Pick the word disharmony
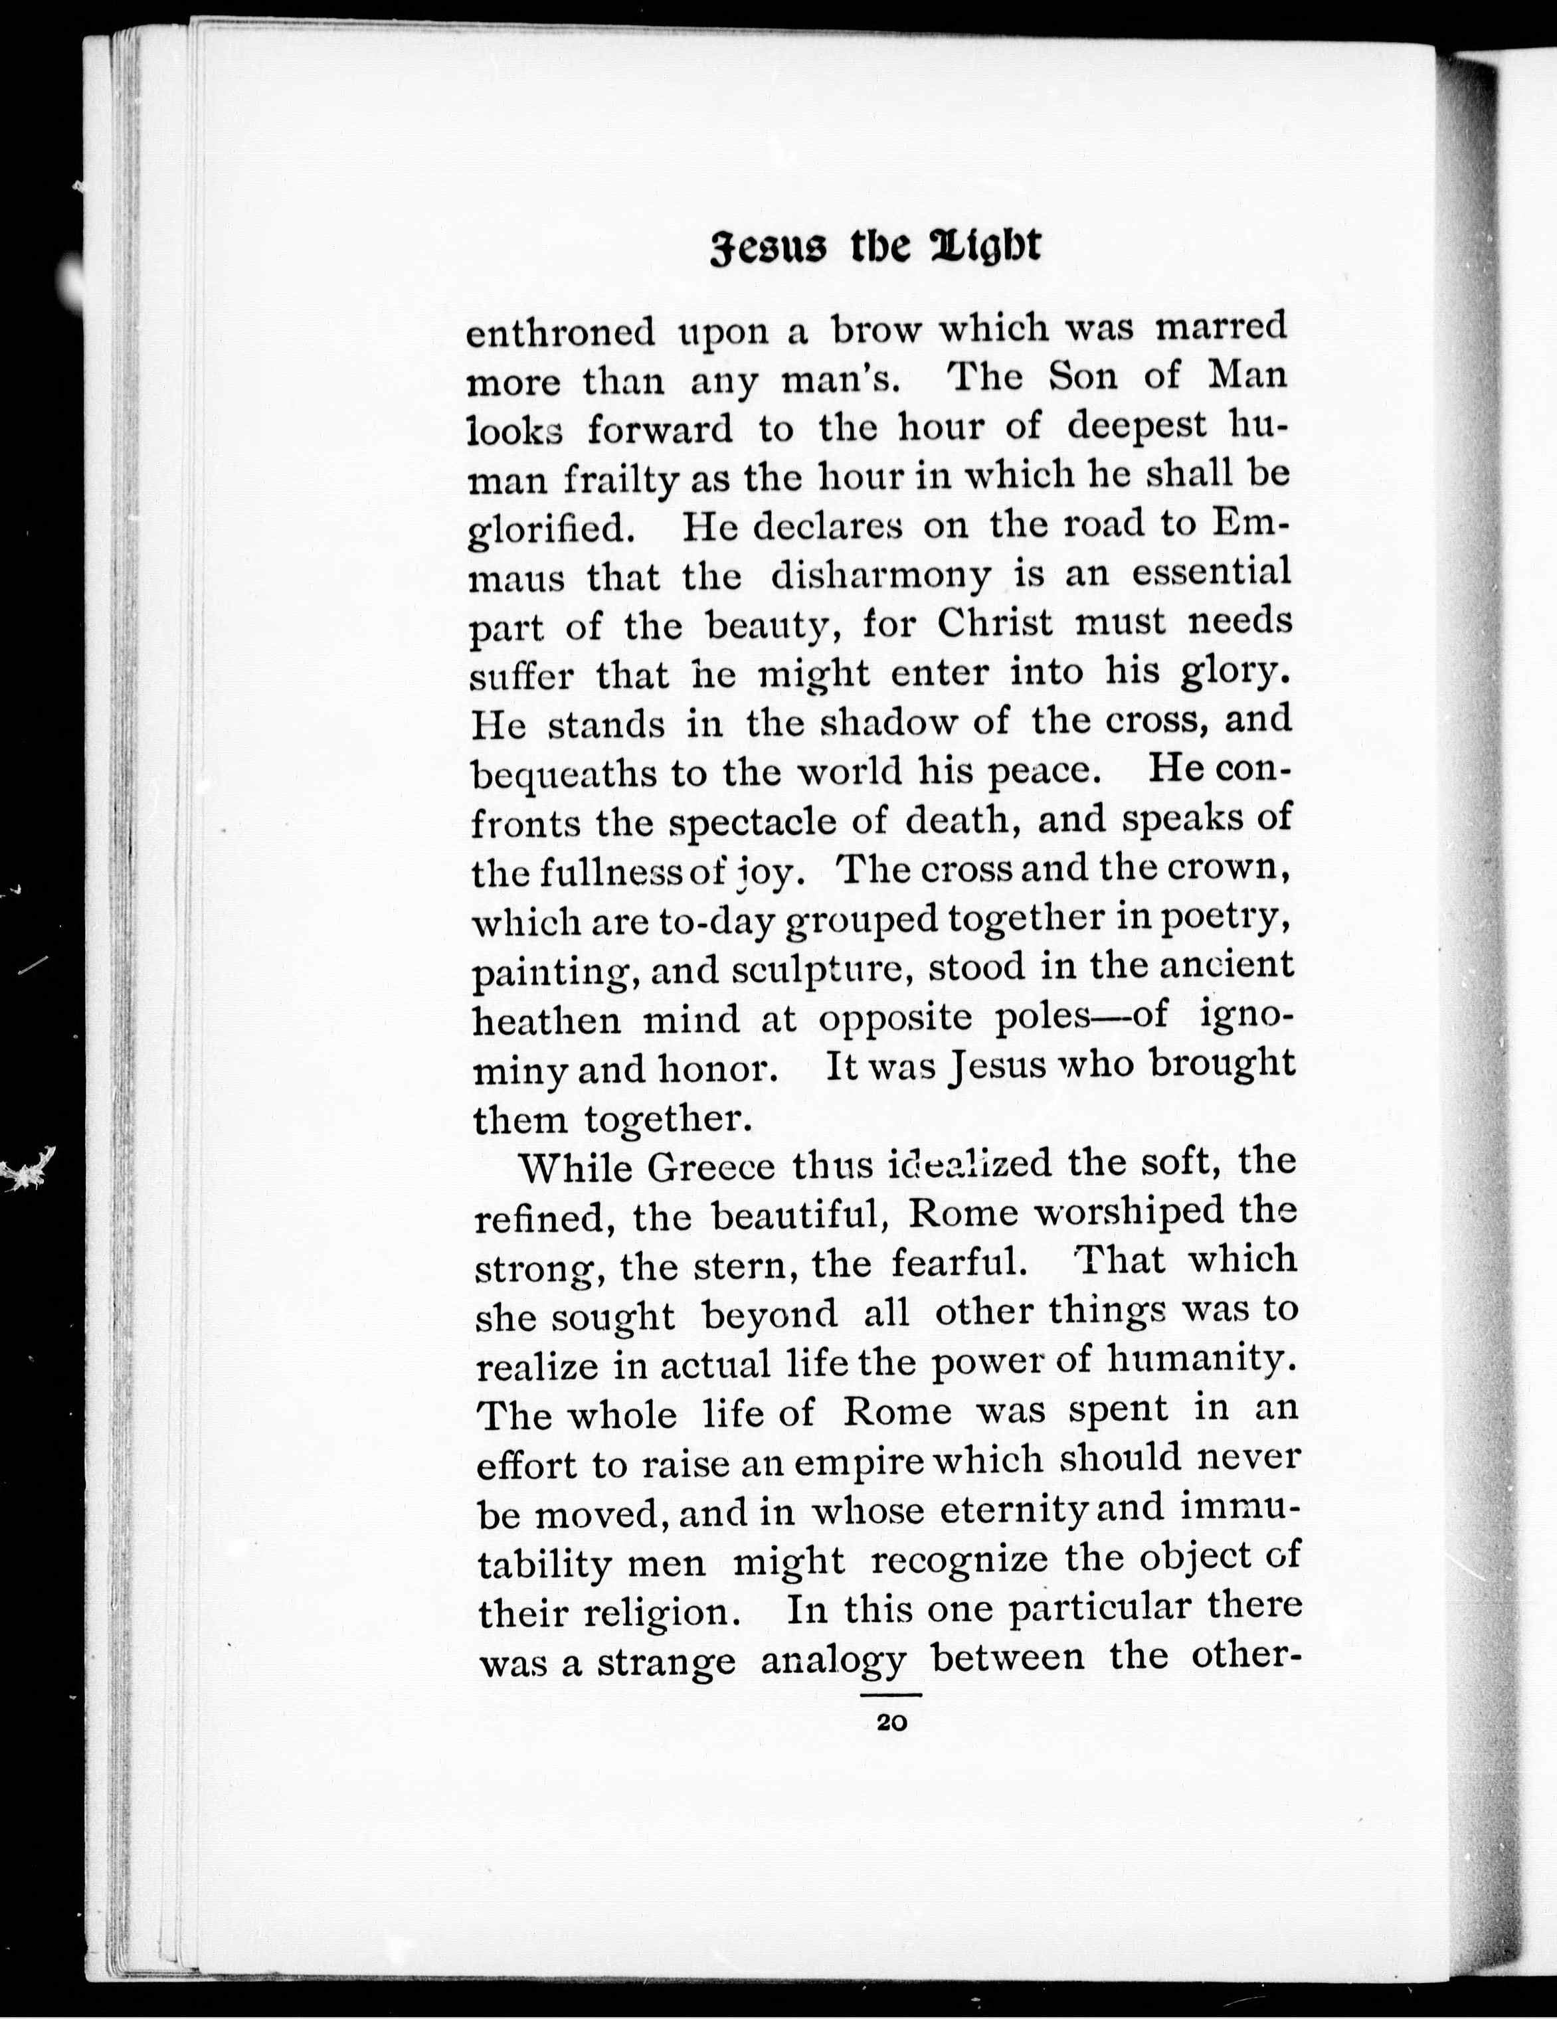880,577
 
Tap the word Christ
995,623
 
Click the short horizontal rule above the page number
891,1694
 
